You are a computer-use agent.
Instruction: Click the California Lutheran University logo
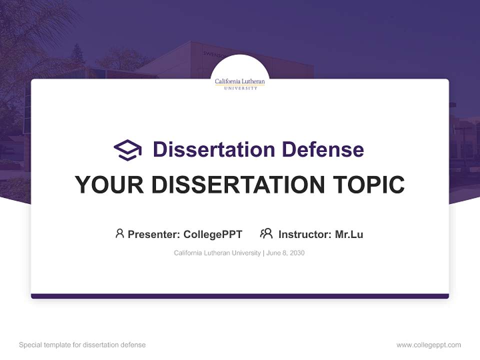coord(240,83)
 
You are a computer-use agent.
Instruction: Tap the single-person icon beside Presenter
coord(119,233)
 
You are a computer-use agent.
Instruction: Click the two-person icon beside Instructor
coord(266,233)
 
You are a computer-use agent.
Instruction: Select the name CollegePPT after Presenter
coord(213,234)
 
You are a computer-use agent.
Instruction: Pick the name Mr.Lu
coord(349,234)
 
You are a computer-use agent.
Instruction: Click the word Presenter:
coord(154,234)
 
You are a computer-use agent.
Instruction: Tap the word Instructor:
coord(305,234)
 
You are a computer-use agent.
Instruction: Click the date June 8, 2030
coord(285,253)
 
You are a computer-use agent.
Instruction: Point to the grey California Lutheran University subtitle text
coord(217,253)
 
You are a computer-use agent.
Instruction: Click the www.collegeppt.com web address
coord(428,345)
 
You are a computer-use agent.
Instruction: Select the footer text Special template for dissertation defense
coord(82,345)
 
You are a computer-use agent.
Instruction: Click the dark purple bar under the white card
coord(240,296)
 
